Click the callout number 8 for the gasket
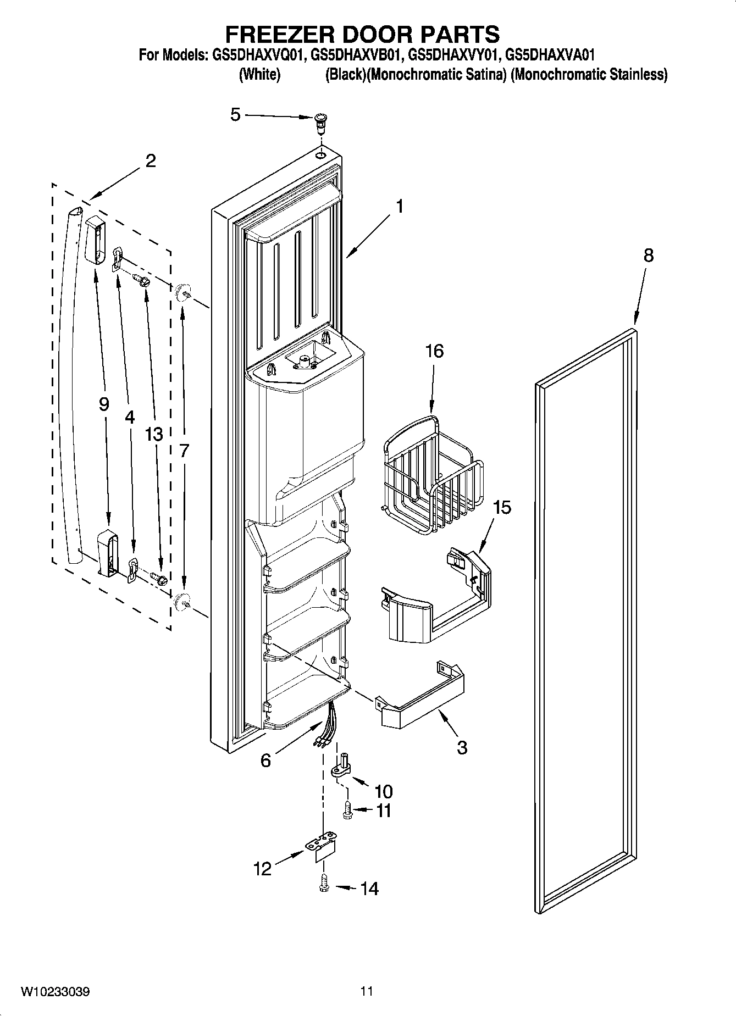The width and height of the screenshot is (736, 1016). click(649, 256)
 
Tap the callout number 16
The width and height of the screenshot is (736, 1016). click(434, 351)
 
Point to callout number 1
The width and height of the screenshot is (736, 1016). click(400, 207)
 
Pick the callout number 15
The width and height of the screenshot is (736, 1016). click(501, 507)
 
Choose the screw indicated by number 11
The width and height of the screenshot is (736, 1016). click(347, 810)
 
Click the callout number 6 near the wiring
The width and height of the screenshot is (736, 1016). click(265, 760)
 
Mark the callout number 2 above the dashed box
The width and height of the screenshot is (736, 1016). click(150, 161)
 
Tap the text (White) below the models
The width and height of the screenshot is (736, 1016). click(259, 75)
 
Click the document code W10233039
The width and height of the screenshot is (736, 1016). click(56, 991)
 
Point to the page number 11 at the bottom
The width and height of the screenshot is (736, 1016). click(367, 991)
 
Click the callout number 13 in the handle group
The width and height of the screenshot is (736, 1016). click(154, 434)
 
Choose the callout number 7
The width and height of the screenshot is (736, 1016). click(184, 451)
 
